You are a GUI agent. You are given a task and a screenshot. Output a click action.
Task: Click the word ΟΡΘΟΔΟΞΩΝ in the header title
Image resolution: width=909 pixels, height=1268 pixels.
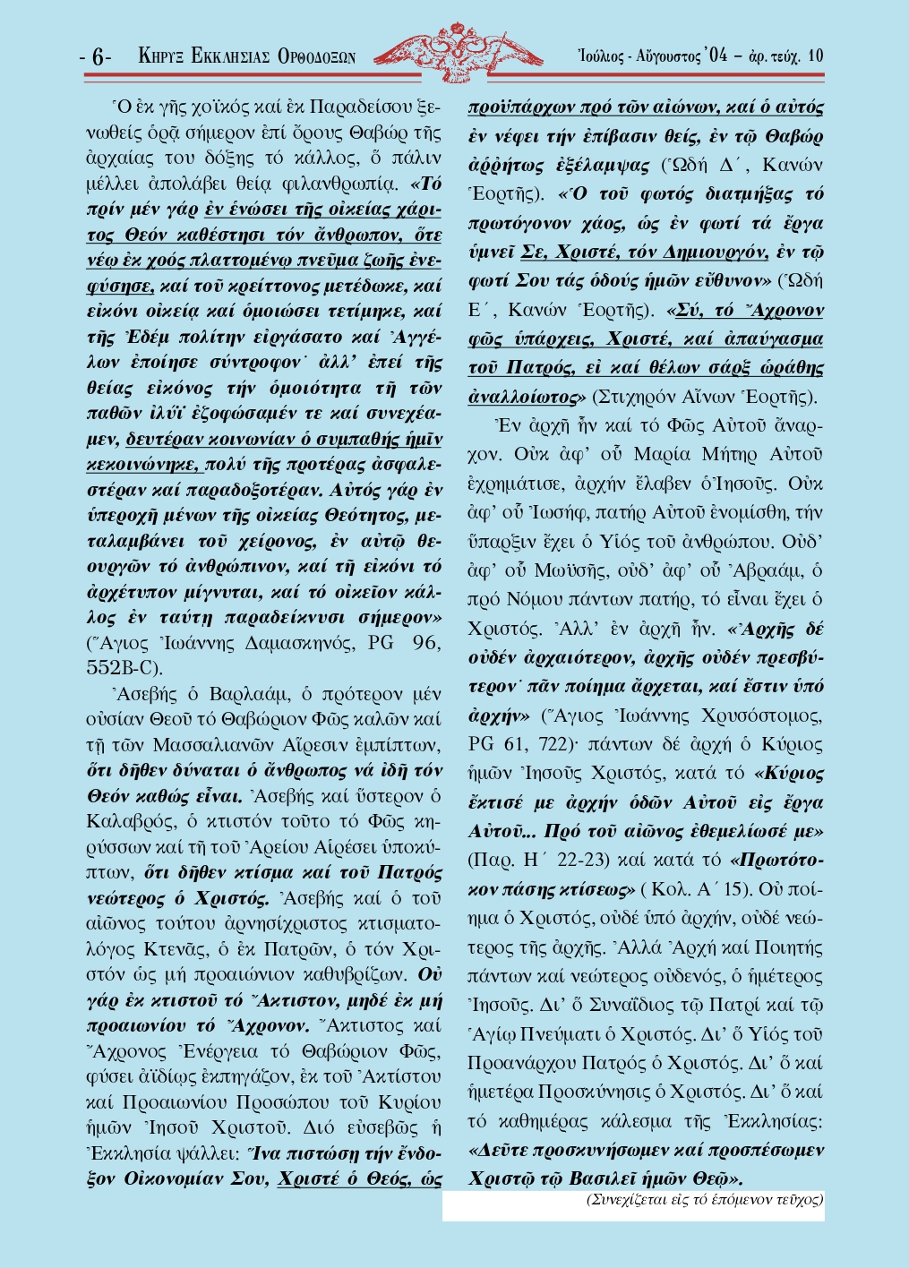click(317, 56)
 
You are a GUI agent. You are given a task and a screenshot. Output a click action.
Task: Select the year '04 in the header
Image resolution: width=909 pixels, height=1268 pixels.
click(716, 56)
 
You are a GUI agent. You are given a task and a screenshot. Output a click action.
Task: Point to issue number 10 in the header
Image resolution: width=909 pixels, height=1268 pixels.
click(815, 56)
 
